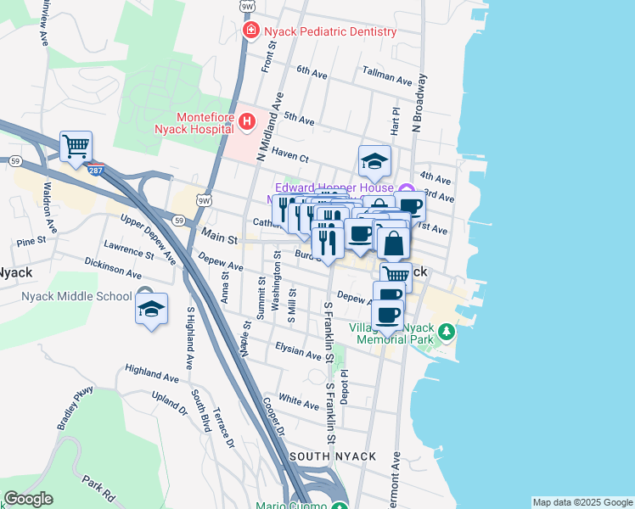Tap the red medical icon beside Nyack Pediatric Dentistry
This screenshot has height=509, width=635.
tap(250, 31)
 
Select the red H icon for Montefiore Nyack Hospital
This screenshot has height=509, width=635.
tap(247, 123)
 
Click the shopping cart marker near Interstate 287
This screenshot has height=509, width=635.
tap(76, 147)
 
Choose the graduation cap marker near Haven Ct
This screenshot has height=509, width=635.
tap(374, 160)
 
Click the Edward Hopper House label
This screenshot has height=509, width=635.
tap(334, 187)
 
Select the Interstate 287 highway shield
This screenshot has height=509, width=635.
tap(96, 170)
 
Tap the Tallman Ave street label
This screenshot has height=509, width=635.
tap(386, 76)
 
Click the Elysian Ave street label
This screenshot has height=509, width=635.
tap(298, 350)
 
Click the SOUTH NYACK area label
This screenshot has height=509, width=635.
tap(333, 456)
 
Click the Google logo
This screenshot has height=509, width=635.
tap(28, 499)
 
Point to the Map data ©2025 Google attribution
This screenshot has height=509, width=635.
tap(582, 502)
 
